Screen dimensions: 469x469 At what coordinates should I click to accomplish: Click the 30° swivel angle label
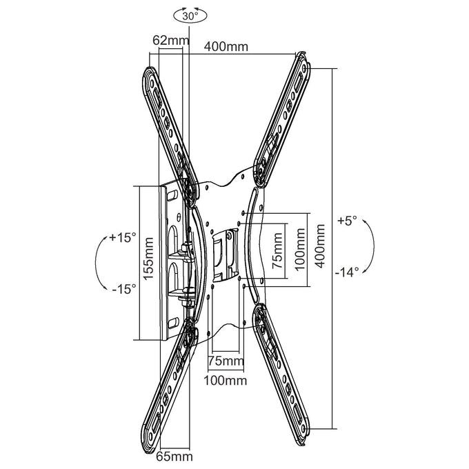pos(189,17)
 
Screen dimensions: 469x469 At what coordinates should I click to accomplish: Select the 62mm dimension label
pos(171,40)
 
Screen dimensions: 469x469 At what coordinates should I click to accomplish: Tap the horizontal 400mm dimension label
pos(226,47)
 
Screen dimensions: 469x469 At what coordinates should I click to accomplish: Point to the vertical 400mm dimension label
pos(320,246)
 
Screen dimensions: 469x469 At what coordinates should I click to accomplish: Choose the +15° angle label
pos(123,237)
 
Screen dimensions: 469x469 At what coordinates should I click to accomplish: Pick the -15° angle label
pos(124,289)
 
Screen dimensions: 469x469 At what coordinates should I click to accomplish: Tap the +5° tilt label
pos(347,221)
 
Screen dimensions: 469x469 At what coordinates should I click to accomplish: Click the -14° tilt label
pos(347,272)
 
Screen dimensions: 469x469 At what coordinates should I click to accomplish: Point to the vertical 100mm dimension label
pos(300,249)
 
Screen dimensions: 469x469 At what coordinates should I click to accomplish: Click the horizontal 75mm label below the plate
pos(226,361)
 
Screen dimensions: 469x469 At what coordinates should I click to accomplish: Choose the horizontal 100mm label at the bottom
pos(226,381)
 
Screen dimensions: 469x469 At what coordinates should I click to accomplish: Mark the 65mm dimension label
pos(174,457)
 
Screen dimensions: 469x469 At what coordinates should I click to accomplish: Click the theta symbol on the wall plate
pos(179,217)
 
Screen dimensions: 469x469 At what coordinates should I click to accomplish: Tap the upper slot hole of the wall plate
pos(172,195)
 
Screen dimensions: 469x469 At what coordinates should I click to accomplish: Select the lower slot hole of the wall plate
pos(172,323)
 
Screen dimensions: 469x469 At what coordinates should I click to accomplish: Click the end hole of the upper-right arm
pos(305,68)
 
